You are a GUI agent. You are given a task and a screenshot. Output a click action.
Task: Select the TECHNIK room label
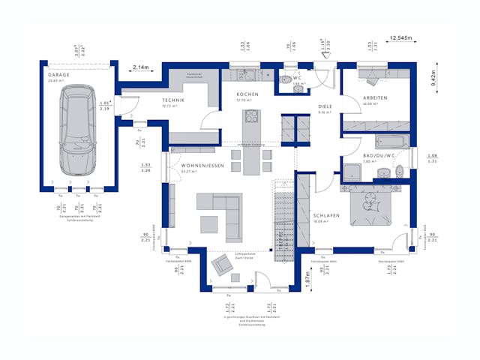[x=173, y=100]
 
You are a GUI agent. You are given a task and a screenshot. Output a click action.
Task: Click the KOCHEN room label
[x=247, y=94]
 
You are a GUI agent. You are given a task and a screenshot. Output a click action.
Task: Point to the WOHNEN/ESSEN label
[x=197, y=165]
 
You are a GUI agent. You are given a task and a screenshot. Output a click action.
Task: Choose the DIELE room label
[x=325, y=106]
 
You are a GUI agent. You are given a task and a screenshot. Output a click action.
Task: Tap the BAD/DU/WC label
[x=378, y=155]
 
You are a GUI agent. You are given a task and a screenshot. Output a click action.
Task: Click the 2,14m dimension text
[x=141, y=67]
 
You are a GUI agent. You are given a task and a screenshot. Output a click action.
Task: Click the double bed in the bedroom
[x=372, y=202]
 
